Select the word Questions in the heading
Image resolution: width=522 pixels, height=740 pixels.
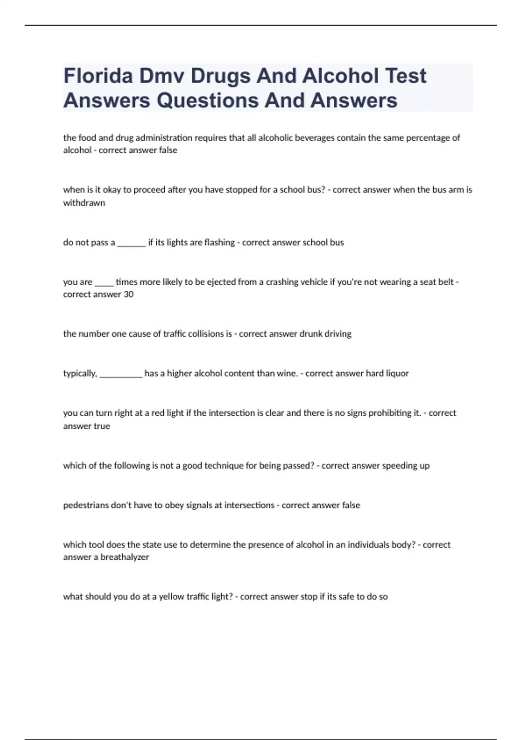coord(207,100)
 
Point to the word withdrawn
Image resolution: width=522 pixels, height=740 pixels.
coord(84,203)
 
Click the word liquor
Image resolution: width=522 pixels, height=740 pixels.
coord(397,373)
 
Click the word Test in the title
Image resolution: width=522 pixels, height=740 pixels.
coord(406,76)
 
